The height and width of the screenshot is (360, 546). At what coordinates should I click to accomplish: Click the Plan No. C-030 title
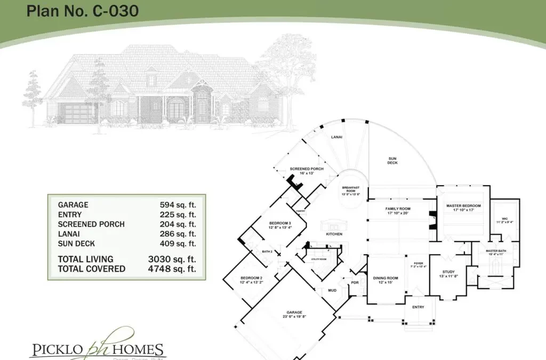83,11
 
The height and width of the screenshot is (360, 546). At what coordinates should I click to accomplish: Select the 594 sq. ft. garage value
178,205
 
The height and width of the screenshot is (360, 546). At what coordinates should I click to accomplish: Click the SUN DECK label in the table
76,243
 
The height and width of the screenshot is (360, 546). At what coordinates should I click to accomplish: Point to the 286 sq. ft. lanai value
178,234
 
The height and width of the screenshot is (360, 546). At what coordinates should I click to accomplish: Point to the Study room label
448,273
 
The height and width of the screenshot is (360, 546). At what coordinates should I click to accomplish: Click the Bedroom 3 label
280,223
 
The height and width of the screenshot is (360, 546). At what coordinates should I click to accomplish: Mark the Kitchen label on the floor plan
334,234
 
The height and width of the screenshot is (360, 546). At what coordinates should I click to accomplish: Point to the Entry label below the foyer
418,307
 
